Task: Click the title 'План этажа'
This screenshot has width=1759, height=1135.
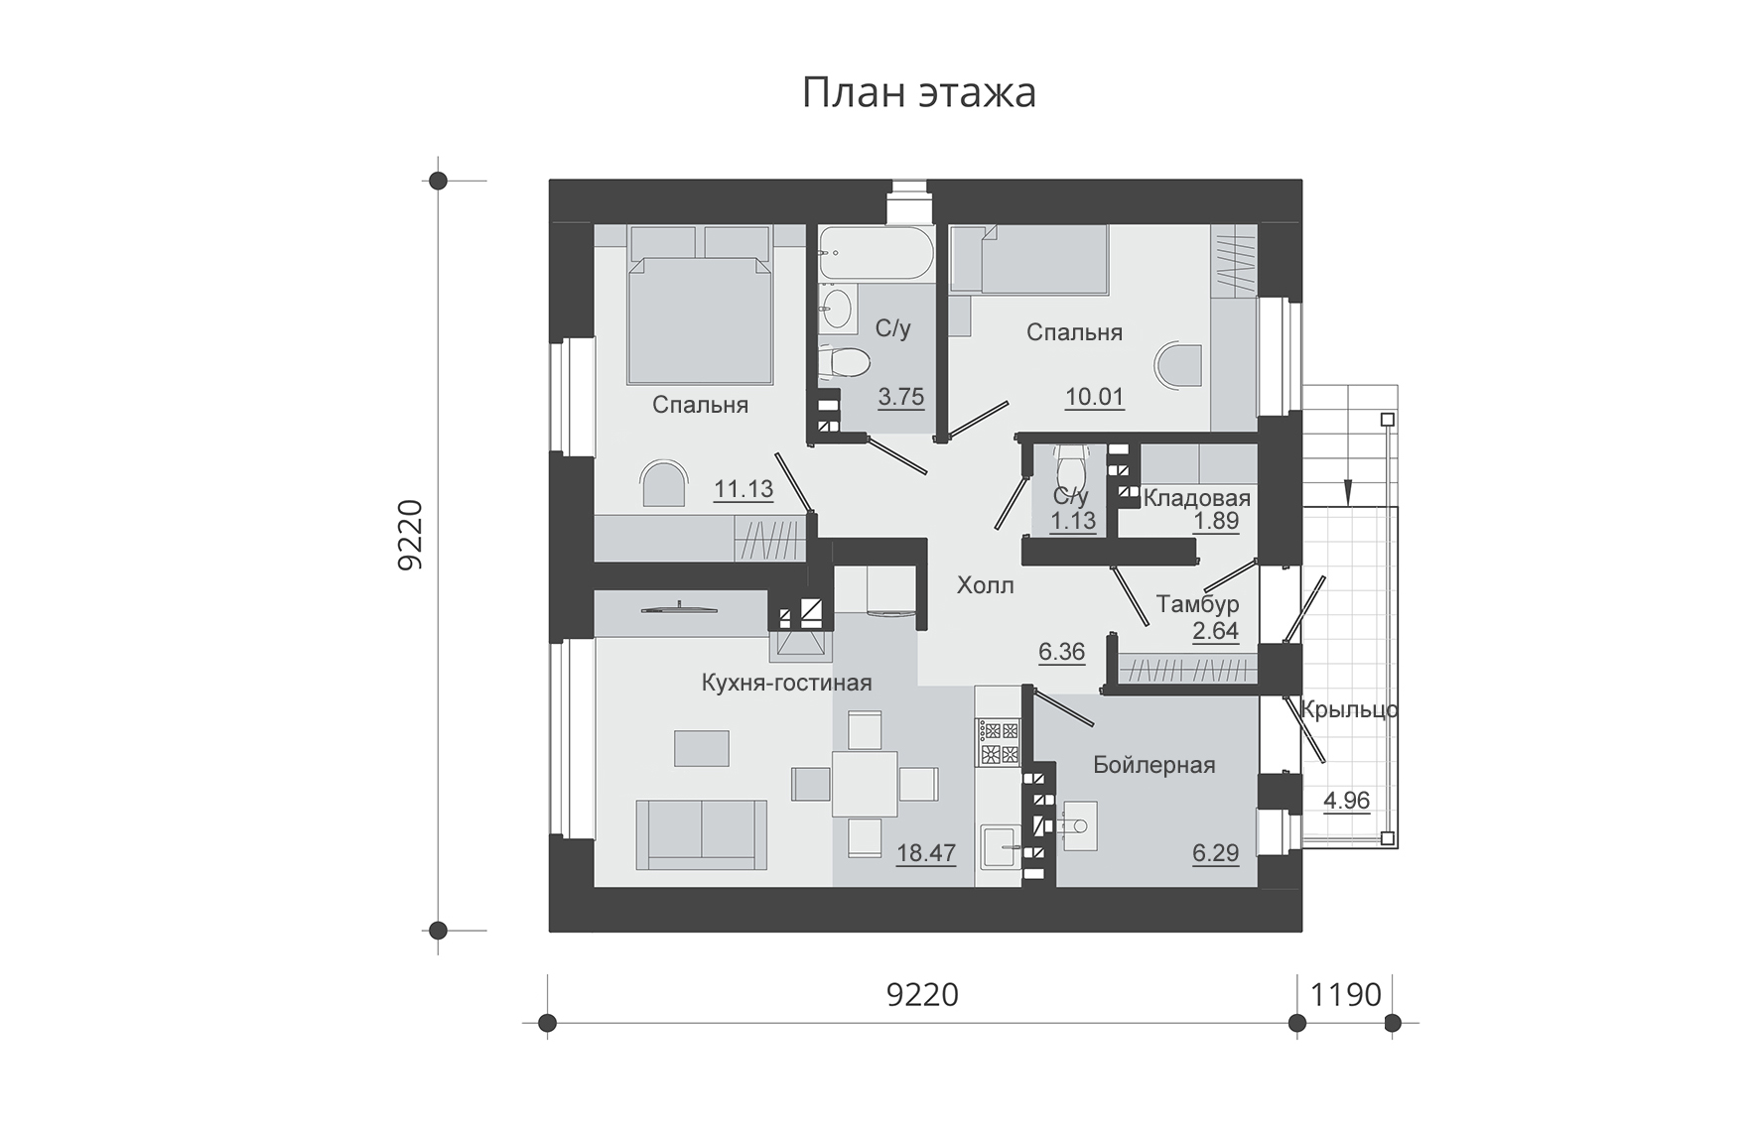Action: pos(918,93)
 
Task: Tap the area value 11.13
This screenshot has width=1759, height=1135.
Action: pos(744,488)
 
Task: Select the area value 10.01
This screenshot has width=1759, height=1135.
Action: pos(1094,398)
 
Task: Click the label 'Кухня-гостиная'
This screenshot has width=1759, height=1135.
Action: pos(786,683)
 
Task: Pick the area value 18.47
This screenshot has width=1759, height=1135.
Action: pos(926,852)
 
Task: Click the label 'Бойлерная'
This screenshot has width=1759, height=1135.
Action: pos(1154,764)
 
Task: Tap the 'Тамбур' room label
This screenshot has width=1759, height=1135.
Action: pos(1198,604)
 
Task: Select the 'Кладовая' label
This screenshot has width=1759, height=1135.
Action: pos(1197,498)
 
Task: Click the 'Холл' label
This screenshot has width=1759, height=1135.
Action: pos(986,585)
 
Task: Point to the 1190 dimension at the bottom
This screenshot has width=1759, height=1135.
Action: pos(1346,994)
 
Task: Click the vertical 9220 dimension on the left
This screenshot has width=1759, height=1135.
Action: pos(410,535)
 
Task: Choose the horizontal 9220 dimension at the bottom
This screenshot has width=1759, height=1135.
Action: pos(922,994)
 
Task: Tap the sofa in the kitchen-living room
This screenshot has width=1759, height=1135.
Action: pos(702,835)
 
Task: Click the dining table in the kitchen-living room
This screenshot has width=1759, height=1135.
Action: pos(865,784)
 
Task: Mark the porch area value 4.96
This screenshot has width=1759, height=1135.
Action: pos(1347,800)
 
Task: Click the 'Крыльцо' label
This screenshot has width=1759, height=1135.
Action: pos(1349,709)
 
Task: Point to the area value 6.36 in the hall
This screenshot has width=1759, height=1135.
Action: pos(1061,652)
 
